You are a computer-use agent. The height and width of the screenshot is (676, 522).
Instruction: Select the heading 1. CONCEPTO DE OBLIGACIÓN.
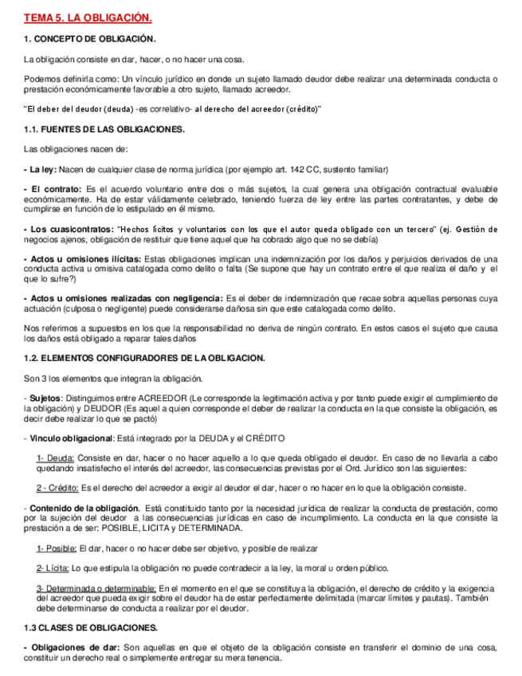[90, 39]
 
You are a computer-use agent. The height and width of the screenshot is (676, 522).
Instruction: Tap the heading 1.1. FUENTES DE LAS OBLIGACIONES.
[104, 128]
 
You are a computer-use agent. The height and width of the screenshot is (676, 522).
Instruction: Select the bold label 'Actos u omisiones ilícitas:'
[85, 259]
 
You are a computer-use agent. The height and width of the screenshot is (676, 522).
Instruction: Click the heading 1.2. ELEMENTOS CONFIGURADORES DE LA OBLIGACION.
[144, 358]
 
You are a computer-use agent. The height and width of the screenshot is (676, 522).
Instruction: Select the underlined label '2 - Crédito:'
[57, 488]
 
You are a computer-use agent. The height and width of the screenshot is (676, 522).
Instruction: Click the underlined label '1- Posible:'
[57, 548]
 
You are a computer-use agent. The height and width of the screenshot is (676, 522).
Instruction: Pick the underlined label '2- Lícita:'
[53, 568]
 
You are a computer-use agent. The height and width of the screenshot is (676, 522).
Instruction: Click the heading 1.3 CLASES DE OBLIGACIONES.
[91, 627]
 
